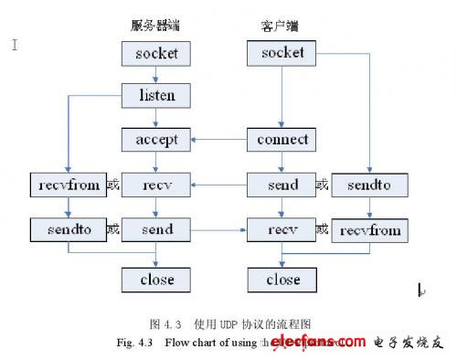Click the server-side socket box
156,53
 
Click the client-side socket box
282,53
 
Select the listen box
156,95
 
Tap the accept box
156,141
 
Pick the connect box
282,141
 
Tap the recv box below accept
156,185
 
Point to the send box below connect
282,185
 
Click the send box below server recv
156,228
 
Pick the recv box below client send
282,228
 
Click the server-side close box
156,280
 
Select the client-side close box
282,280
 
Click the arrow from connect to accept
219,141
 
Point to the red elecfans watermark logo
320,343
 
